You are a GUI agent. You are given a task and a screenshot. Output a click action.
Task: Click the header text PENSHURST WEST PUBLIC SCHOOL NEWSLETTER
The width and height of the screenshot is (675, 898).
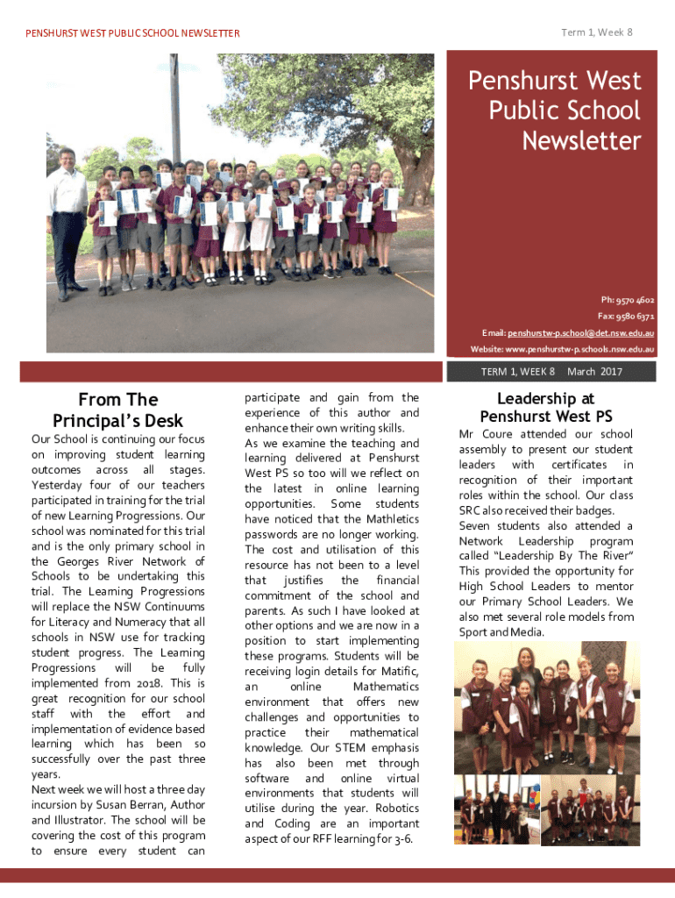pyautogui.click(x=132, y=33)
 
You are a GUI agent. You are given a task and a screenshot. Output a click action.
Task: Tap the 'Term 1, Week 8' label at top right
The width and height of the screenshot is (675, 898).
pyautogui.click(x=597, y=32)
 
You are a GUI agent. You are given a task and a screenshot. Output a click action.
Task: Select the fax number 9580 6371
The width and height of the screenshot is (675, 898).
pyautogui.click(x=636, y=316)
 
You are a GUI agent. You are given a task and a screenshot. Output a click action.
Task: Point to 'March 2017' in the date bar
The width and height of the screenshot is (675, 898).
pyautogui.click(x=594, y=372)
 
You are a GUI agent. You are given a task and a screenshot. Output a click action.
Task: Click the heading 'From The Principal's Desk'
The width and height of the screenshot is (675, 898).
pyautogui.click(x=118, y=410)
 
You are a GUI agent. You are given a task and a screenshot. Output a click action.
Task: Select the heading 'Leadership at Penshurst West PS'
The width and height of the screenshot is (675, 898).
pyautogui.click(x=545, y=408)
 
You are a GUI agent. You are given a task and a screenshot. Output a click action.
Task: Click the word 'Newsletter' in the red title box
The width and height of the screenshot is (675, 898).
pyautogui.click(x=581, y=140)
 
